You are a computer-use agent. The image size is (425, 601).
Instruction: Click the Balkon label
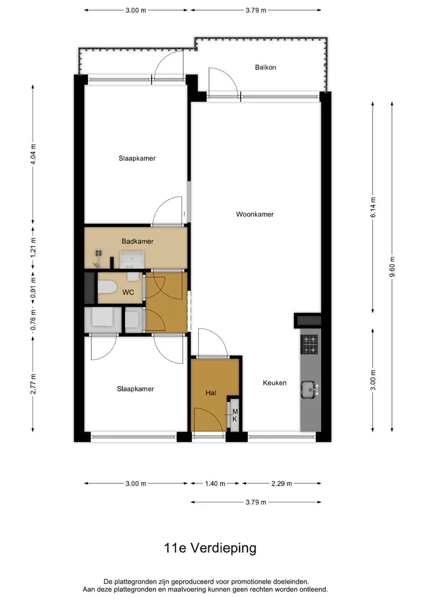pos(266,67)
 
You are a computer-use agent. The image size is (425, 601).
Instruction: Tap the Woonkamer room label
pos(254,215)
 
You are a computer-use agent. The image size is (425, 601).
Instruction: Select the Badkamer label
pos(138,241)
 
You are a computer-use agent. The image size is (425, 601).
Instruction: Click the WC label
pos(128,293)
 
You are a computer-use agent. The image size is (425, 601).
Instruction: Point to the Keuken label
pos(274,382)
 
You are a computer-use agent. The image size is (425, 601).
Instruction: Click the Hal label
pos(211,393)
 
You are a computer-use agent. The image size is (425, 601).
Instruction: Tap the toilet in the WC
pos(107,287)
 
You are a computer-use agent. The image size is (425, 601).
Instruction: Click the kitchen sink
pos(309,390)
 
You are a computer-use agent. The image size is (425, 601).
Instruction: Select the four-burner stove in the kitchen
pos(309,344)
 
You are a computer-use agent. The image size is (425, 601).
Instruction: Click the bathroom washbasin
pos(132,260)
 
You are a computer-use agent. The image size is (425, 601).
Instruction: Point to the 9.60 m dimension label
pos(392,267)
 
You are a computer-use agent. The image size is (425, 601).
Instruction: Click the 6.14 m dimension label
pos(373,207)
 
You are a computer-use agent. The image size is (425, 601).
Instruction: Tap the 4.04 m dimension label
pos(33,154)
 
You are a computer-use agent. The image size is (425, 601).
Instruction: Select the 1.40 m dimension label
pos(215,484)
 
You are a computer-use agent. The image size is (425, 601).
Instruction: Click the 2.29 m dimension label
pos(282,484)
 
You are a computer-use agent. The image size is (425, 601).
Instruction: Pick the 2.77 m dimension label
pos(33,384)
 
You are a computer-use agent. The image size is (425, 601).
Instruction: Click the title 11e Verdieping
pos(210,548)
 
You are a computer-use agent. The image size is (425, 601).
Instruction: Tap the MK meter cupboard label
pos(235,415)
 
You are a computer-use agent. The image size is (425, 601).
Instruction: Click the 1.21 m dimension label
pos(33,248)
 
